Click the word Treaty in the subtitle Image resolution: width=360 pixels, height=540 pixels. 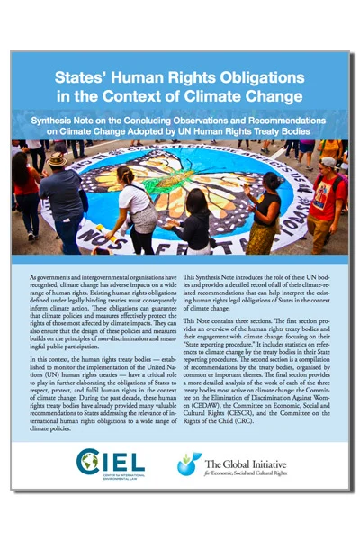(268, 130)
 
